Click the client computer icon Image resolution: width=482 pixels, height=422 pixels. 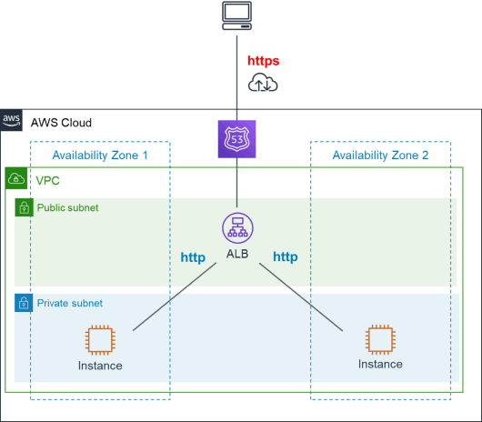point(237,15)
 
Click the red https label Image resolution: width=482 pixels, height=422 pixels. point(264,61)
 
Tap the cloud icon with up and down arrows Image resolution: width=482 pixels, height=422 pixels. point(263,82)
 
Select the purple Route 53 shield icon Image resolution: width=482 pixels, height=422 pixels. point(236,139)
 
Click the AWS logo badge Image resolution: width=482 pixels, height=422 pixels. point(11,120)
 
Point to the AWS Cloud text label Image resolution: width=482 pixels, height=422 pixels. point(61,123)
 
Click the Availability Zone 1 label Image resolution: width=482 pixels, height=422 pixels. point(100,156)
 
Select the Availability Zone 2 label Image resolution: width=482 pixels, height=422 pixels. point(380,156)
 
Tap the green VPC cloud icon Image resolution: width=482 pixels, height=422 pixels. point(16,178)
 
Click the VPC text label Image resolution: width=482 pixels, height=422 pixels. point(47,181)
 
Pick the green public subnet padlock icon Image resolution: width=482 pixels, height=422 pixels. point(24,207)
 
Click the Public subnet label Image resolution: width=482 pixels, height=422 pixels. point(67,207)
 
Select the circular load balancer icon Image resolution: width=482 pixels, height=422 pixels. point(237,228)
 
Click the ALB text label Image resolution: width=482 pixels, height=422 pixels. point(237,254)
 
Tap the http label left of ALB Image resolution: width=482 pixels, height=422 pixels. point(193,257)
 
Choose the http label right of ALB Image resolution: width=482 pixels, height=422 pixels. point(286,256)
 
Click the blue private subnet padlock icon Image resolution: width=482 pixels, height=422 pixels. point(24,303)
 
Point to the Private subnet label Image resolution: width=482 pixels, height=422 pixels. point(70,304)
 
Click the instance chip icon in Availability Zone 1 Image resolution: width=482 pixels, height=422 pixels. point(100,340)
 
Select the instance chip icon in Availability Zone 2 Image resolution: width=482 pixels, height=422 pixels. point(380,339)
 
